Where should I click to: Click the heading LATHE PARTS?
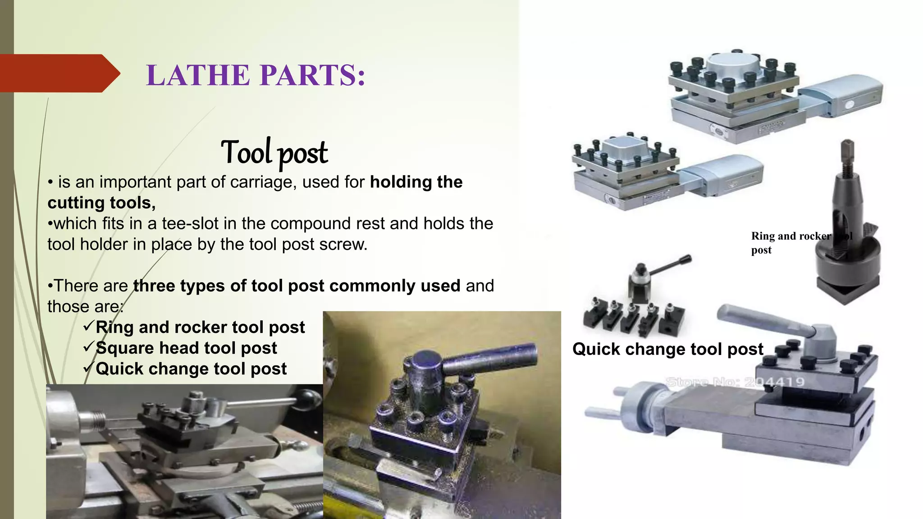coord(256,75)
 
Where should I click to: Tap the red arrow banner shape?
coord(59,73)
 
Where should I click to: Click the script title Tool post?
coord(274,152)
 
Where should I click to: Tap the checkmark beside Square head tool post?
coord(89,347)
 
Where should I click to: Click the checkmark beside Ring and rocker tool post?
coord(89,326)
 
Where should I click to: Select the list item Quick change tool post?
coord(191,369)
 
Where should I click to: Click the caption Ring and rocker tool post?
coord(791,242)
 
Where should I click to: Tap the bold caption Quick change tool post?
coord(667,349)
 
